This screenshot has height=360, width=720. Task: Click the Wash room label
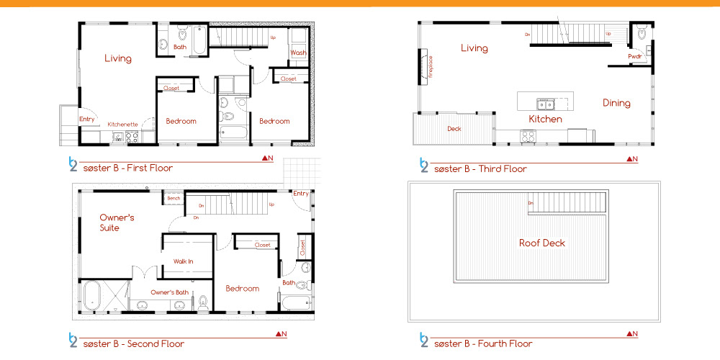coord(299,53)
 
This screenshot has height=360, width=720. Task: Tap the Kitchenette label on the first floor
coord(122,125)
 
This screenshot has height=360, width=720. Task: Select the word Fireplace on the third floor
coord(431,67)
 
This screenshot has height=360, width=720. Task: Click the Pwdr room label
coord(634,56)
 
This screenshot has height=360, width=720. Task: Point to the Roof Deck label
coord(542,243)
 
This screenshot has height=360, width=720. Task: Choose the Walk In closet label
coord(183,261)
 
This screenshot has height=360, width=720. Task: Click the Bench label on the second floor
coord(174,199)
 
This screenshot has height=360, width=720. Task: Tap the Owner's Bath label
coord(169,292)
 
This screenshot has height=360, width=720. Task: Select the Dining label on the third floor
coord(616,103)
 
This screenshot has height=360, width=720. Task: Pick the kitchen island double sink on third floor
coord(546,104)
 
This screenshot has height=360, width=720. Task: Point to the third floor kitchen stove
coord(528,136)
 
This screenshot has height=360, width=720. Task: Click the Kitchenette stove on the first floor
coord(132,137)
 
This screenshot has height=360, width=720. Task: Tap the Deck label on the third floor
coord(454,129)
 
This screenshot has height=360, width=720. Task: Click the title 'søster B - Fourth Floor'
coord(483,343)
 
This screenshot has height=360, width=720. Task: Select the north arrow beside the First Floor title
coord(268,158)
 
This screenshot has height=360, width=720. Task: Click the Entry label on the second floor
coord(301,194)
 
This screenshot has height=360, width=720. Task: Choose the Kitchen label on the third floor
coord(545,120)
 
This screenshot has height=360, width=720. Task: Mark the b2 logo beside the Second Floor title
coord(73,339)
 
